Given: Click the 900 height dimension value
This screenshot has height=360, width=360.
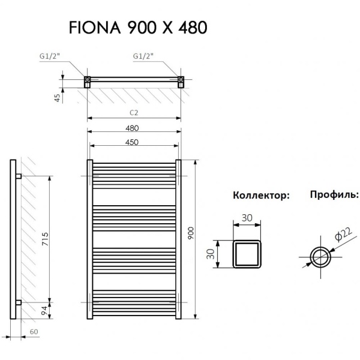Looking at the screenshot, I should (x=191, y=233).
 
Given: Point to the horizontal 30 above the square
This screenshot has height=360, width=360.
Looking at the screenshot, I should (x=247, y=219).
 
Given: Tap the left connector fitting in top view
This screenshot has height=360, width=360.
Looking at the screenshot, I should (x=88, y=81).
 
